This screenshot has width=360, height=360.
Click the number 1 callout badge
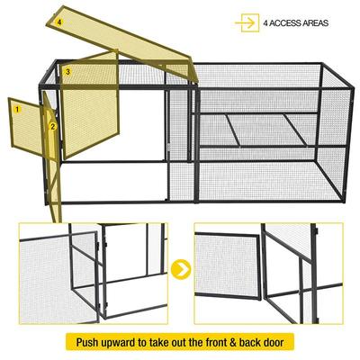16,108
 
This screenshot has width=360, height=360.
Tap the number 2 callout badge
53,127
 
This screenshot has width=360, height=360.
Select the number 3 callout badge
68,70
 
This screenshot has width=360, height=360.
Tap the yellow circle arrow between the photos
182,268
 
